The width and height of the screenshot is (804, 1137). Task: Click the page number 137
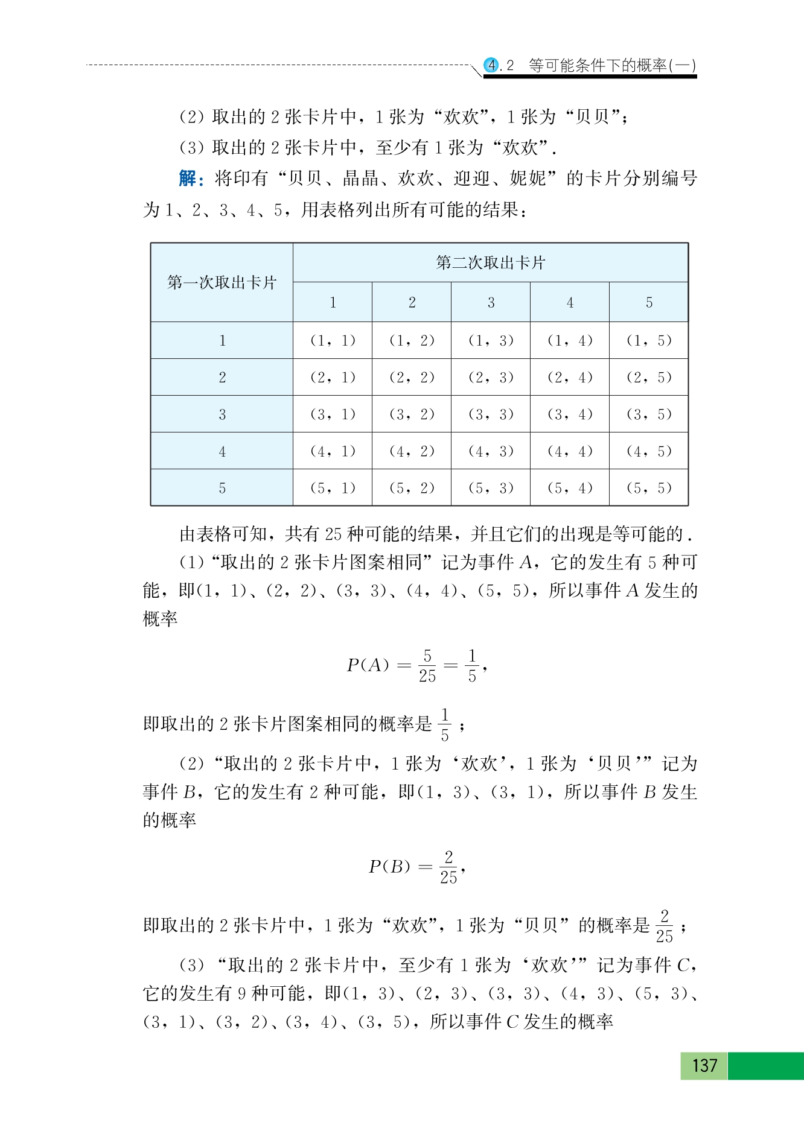[704, 1065]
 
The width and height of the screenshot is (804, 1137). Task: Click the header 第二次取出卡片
[490, 262]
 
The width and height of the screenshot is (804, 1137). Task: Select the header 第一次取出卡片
[222, 282]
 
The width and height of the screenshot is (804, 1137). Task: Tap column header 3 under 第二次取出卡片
[491, 302]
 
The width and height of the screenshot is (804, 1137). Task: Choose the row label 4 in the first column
[222, 451]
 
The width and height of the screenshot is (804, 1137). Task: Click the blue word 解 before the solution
[188, 179]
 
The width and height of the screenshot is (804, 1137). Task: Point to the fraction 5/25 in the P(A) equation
[427, 665]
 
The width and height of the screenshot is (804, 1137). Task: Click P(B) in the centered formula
[389, 867]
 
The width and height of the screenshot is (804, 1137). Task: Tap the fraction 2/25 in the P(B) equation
[448, 867]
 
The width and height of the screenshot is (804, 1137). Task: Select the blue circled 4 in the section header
[493, 65]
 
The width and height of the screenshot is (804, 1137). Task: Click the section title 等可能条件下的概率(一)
[612, 65]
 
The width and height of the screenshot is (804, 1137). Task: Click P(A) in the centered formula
[368, 665]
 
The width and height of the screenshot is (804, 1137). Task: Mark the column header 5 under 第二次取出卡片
[649, 302]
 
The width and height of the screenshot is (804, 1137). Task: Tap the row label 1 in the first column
[222, 341]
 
